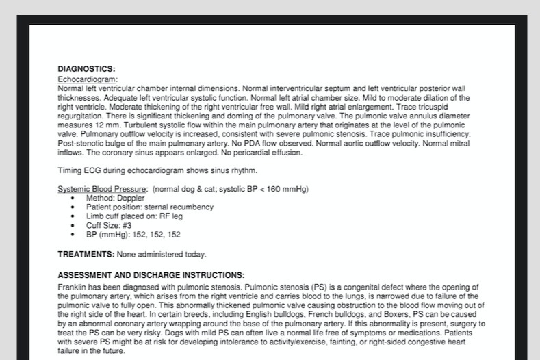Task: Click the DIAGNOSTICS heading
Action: [x=86, y=69]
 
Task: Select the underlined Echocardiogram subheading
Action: [x=87, y=79]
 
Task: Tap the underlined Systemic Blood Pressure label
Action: [x=103, y=189]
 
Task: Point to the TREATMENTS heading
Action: [x=86, y=255]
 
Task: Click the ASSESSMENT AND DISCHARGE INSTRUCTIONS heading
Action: [x=151, y=275]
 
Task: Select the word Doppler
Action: [x=130, y=198]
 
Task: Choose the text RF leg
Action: [x=171, y=216]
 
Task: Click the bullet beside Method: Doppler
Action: [x=73, y=198]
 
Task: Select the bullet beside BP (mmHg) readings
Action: [x=73, y=235]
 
